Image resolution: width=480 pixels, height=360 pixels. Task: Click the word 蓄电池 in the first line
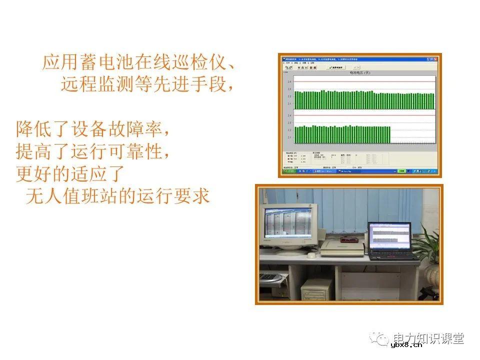tap(106, 63)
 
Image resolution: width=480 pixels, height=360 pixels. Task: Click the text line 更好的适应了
tap(69, 174)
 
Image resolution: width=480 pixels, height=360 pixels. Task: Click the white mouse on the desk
tap(311, 255)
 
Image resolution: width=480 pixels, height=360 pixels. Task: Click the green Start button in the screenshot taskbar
tap(288, 171)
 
